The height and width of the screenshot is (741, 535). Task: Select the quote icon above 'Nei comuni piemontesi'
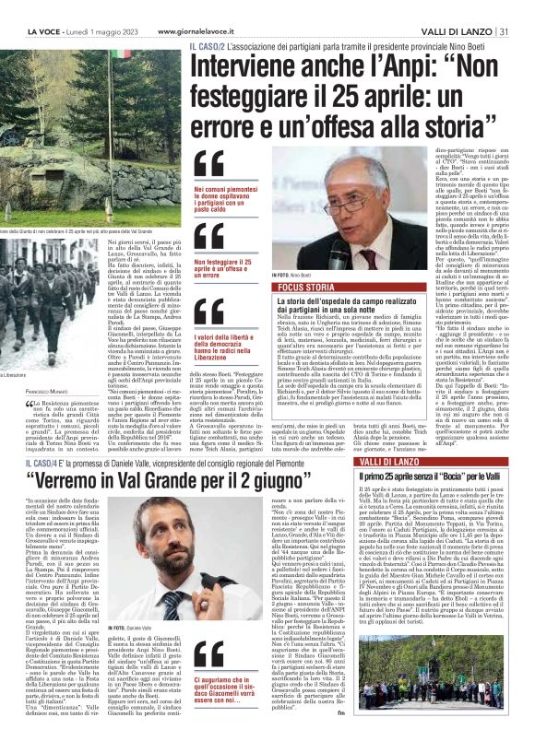pos(208,163)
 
